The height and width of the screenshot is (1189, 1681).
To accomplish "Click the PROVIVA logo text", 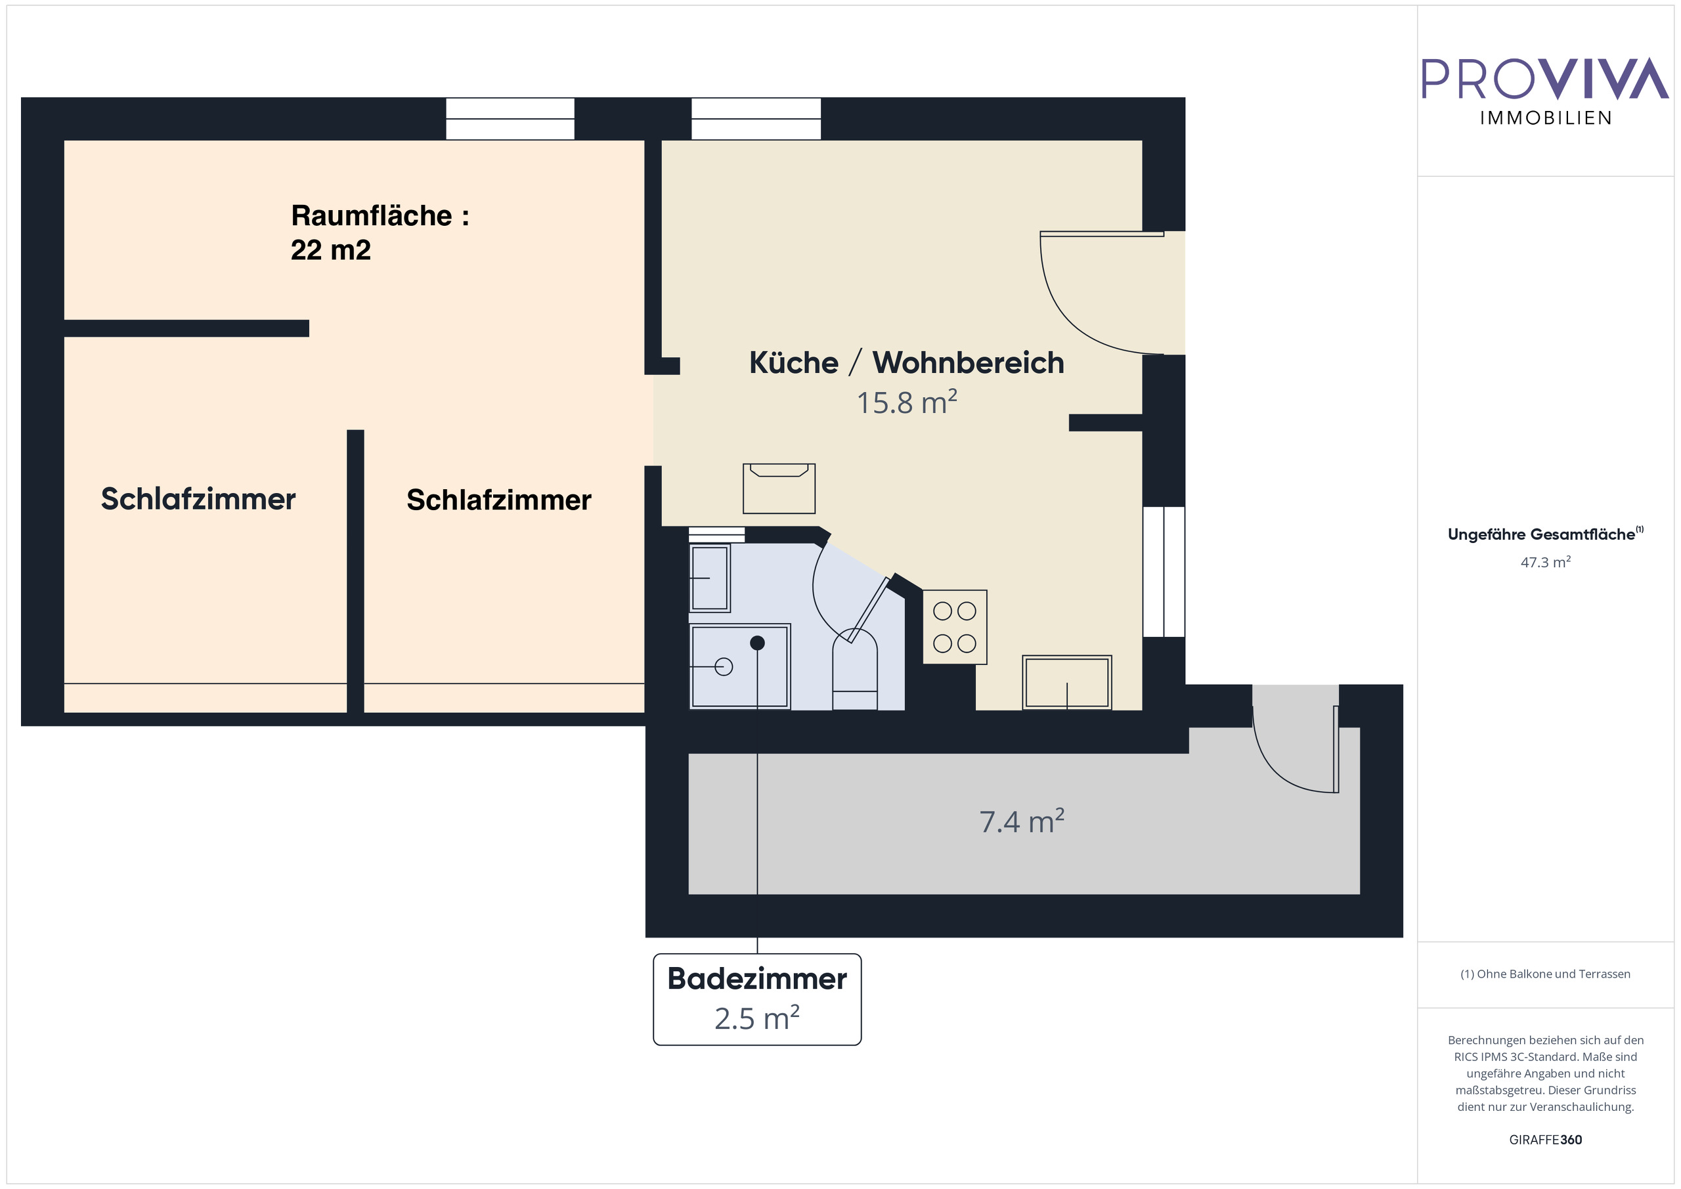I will coord(1545,78).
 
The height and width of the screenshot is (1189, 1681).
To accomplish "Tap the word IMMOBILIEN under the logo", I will coord(1546,119).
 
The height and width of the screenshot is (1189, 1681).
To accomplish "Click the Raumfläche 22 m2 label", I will coord(380,232).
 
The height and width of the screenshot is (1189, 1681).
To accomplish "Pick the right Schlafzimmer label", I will coord(498,500).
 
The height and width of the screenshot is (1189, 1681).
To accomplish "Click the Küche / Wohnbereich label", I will coord(906,363).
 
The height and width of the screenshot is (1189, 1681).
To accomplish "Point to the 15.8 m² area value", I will coord(906,402).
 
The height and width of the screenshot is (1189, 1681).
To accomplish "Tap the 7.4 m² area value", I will coord(1021,821).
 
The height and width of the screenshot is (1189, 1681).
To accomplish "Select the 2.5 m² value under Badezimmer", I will coord(757,1019).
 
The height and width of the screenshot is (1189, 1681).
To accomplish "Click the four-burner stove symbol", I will coord(955,628).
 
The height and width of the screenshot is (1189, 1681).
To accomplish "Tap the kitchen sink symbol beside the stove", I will coord(1067,682).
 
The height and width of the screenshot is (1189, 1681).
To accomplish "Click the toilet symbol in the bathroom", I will coord(855,670).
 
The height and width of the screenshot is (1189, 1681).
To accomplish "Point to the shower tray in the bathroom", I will coord(739,666).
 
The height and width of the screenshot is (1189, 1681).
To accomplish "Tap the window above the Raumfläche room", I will coord(510,119).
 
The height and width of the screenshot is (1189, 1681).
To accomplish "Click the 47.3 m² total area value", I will coord(1546,562).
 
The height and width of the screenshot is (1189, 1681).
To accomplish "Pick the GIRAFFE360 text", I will coord(1546,1140).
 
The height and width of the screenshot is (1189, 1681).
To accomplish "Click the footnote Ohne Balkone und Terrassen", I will coord(1546,974).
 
